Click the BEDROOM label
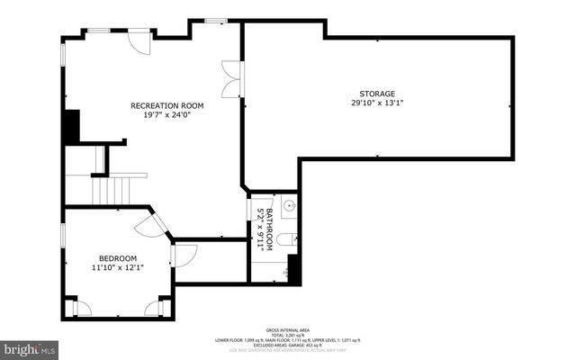[x=117, y=257]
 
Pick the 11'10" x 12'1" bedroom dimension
[x=117, y=267]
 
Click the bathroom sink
[x=287, y=208]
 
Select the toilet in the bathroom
[x=284, y=239]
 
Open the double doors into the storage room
[x=233, y=78]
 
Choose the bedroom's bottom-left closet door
[x=82, y=308]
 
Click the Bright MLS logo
[x=29, y=347]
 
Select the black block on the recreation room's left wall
[x=71, y=127]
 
